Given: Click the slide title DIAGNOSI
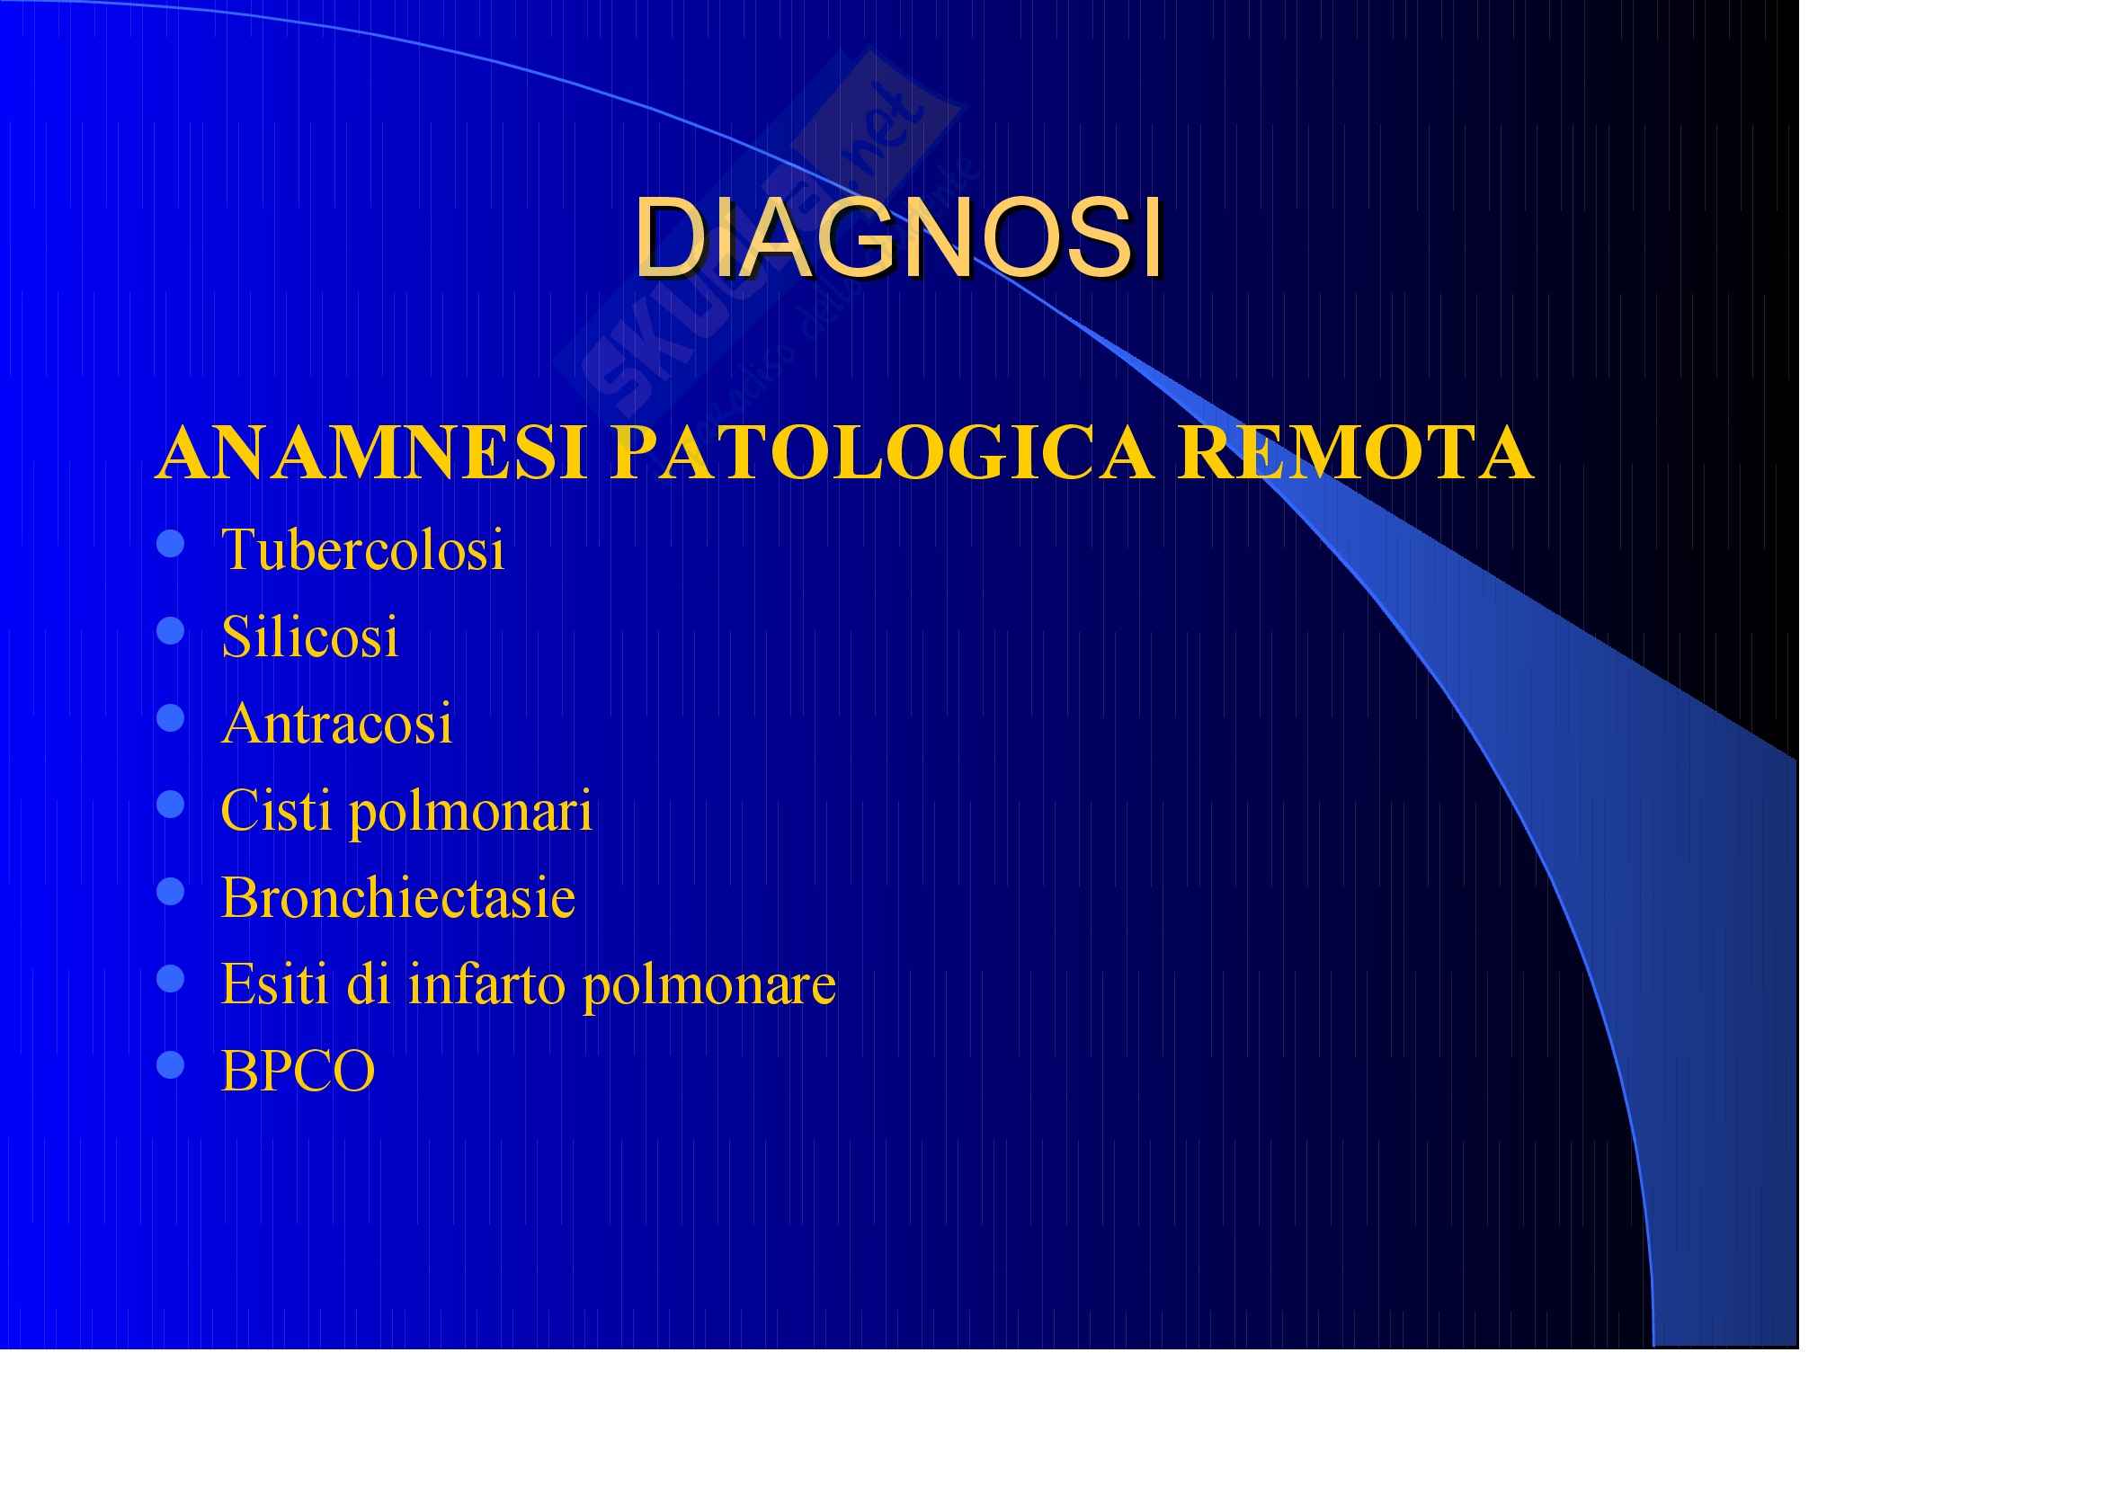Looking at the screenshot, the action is (x=898, y=236).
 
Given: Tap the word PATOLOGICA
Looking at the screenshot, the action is (x=882, y=452).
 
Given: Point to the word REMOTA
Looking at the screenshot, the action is (x=1356, y=452).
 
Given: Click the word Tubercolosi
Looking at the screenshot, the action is (x=362, y=549).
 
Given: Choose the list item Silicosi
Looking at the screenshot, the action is (x=309, y=636).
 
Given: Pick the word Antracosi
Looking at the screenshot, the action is (x=336, y=723).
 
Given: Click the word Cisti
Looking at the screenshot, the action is (x=276, y=809).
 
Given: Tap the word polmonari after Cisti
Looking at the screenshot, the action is (x=471, y=812).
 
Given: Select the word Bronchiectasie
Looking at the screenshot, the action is (x=398, y=896).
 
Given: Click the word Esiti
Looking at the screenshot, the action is (x=274, y=983).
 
